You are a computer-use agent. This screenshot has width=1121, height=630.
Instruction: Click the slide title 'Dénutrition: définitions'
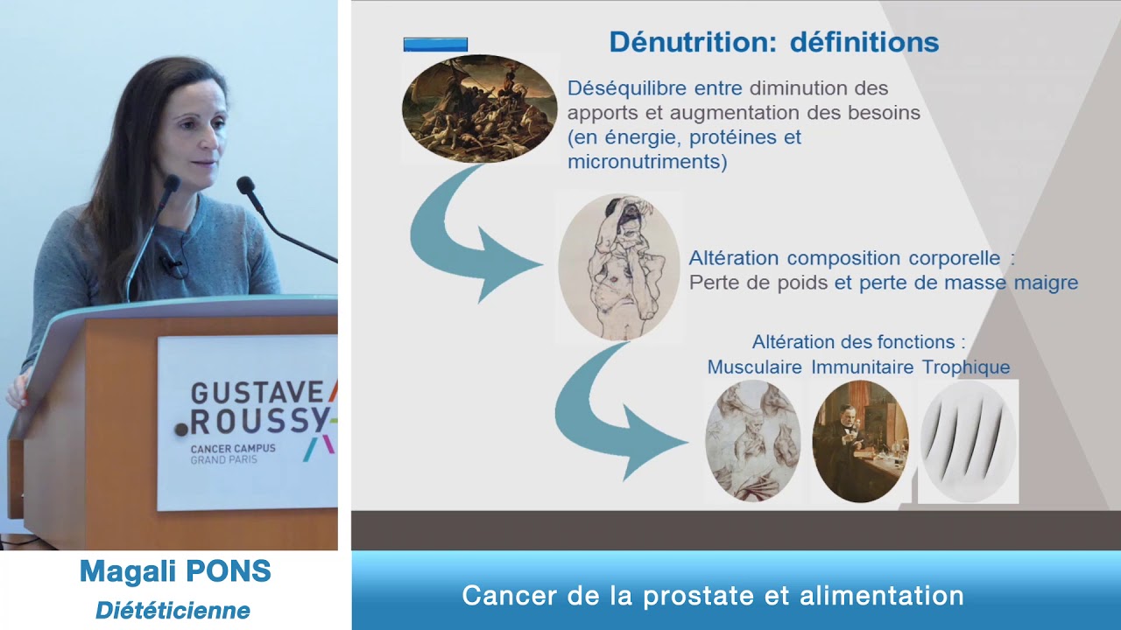[x=773, y=42]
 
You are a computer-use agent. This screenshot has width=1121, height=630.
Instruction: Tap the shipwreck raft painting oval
[x=479, y=108]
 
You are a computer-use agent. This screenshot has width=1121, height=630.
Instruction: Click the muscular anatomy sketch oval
[x=752, y=441]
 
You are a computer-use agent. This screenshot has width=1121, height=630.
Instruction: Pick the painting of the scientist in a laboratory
[x=860, y=441]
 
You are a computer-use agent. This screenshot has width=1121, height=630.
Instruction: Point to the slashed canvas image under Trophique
[x=969, y=441]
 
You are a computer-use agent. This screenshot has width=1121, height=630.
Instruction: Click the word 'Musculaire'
[x=754, y=367]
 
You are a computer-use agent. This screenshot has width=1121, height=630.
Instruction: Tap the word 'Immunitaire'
[x=862, y=367]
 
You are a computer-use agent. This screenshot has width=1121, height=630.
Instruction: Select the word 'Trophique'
[x=966, y=367]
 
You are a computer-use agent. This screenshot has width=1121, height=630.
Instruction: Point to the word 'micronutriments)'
[x=647, y=162]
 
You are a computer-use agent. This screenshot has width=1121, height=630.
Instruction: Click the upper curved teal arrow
[x=464, y=236]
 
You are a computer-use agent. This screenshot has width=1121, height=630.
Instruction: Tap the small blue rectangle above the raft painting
[x=435, y=45]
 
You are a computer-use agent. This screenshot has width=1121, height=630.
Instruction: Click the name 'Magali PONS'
[x=175, y=572]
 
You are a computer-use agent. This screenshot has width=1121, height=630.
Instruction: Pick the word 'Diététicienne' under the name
[x=173, y=611]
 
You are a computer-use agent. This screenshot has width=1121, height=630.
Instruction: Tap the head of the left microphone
[x=170, y=183]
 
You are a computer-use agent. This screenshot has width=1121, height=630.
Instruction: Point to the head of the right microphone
[x=245, y=185]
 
